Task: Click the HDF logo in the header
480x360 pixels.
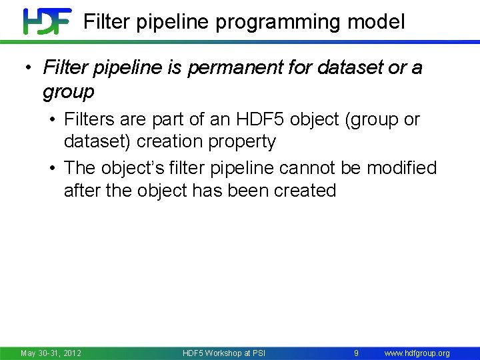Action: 47,21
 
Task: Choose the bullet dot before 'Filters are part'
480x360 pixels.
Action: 52,120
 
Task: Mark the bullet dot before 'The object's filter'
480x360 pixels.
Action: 52,168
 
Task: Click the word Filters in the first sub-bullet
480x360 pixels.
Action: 89,120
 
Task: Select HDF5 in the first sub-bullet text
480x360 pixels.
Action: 255,120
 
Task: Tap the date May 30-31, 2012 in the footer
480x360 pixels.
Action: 51,353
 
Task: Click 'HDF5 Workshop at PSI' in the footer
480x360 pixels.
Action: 223,353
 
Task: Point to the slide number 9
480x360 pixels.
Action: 357,353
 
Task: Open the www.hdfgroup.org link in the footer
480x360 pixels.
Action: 417,353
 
